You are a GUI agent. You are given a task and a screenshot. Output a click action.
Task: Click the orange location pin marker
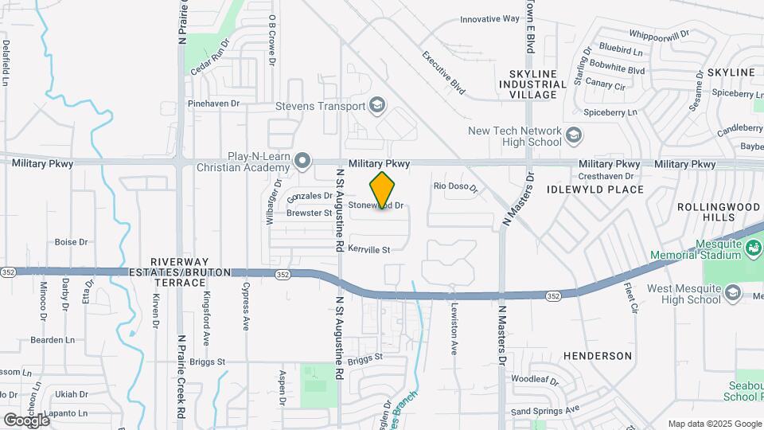tap(383, 190)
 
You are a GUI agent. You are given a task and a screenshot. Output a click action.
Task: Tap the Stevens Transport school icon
tap(376, 106)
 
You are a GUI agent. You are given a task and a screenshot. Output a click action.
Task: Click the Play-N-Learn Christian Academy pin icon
tap(302, 162)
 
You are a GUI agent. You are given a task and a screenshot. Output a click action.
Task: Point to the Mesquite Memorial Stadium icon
tap(752, 250)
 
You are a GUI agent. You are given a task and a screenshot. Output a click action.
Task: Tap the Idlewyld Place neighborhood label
tap(594, 190)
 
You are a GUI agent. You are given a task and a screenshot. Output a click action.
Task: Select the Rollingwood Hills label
tap(719, 212)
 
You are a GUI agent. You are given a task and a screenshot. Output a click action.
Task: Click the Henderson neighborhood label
tap(598, 356)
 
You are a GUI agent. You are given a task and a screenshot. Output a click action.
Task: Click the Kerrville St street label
tap(369, 250)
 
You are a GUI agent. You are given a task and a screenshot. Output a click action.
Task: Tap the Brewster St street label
tap(309, 213)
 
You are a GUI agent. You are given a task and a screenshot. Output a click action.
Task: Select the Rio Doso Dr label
tap(454, 187)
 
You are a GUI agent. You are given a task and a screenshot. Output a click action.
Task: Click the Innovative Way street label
tap(489, 19)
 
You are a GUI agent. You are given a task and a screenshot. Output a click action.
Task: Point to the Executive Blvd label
tap(443, 73)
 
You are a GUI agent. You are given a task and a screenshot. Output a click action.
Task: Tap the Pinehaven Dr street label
tap(213, 104)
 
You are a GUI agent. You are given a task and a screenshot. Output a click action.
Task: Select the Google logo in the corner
tap(26, 420)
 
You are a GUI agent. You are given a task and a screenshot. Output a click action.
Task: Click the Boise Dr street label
tap(71, 242)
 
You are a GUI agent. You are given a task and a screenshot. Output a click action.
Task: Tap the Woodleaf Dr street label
tap(535, 379)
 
